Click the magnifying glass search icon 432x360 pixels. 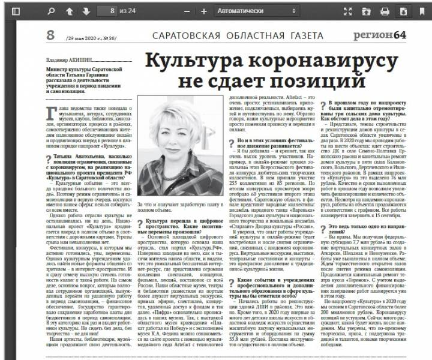pos(52,11)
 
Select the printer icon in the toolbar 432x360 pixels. pos(385,11)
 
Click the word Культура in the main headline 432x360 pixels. pos(192,61)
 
